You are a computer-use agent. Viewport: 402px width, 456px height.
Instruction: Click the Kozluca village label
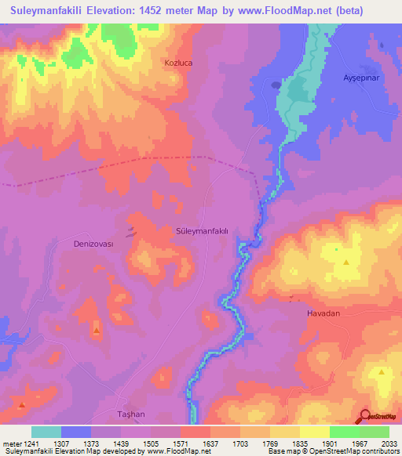[178, 61]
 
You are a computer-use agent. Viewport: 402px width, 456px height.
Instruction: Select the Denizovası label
[93, 244]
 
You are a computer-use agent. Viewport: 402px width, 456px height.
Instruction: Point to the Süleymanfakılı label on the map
[202, 230]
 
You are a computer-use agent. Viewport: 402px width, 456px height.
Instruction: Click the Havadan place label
[323, 313]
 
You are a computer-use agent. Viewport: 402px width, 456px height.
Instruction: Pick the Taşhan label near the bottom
[133, 413]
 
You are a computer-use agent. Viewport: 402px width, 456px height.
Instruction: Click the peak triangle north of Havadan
[345, 262]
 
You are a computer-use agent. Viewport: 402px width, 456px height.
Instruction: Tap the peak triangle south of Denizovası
[96, 331]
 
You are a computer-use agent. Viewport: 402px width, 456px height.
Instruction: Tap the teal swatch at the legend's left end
[46, 432]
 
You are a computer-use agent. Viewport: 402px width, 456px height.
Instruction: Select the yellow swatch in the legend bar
[314, 432]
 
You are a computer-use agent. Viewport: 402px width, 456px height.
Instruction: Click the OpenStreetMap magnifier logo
[365, 417]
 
